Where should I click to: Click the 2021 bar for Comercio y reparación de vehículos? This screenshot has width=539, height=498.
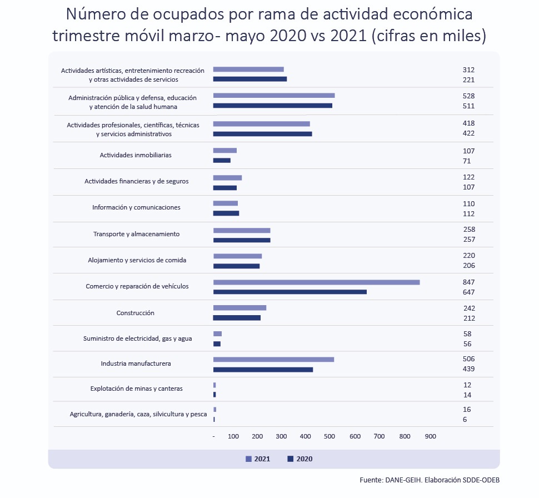pos(316,282)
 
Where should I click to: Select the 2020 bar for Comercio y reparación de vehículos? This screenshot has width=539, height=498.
pos(290,292)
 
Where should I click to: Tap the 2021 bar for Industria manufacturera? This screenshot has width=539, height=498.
pos(273,359)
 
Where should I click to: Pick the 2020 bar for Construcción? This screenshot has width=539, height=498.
pos(237,318)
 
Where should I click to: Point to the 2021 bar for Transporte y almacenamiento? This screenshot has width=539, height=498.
pos(242,230)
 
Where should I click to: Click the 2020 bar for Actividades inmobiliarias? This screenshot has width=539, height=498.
pos(222,161)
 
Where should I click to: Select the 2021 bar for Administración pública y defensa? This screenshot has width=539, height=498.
pos(274,96)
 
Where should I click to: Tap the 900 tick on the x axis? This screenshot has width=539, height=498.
pos(431,436)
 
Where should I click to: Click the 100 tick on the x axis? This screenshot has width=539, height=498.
pos(233,436)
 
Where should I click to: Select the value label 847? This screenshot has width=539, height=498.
pos(468,282)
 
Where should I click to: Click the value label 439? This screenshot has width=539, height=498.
pos(468,369)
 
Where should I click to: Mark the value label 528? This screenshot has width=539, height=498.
pos(468,96)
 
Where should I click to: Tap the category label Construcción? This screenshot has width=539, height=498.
pos(135,313)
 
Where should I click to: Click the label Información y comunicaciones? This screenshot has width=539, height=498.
pos(136,207)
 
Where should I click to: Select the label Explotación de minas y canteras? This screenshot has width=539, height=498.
pos(136,389)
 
